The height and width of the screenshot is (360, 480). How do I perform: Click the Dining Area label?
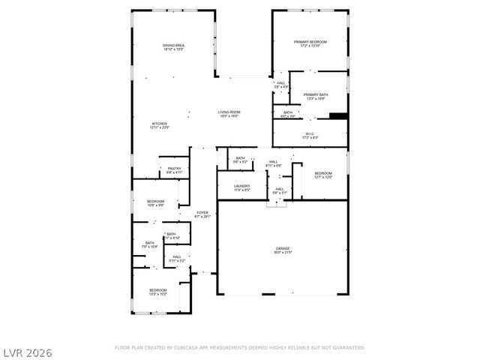tap(174, 48)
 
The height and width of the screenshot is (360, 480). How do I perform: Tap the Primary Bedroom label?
tap(310, 43)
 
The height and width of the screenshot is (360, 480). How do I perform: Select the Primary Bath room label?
tap(316, 96)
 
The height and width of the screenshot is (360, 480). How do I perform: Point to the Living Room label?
tap(229, 114)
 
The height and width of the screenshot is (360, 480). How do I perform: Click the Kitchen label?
tap(160, 126)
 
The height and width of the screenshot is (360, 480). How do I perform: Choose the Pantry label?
tap(174, 170)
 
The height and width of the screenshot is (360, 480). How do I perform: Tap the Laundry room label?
tap(241, 187)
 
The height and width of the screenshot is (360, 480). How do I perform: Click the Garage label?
tap(283, 250)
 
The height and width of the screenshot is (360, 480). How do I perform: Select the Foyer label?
tap(202, 214)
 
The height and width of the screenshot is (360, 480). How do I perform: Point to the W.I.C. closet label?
tap(310, 136)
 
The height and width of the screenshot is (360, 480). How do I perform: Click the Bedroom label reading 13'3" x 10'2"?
tap(157, 292)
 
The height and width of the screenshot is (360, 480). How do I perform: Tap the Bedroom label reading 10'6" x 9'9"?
tap(155, 203)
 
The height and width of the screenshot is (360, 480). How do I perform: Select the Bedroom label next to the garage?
tap(323, 175)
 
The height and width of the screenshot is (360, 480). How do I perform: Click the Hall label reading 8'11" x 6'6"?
tap(274, 163)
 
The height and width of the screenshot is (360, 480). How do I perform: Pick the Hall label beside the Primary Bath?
tap(281, 85)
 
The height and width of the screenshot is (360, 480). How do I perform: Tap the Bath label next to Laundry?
tap(240, 160)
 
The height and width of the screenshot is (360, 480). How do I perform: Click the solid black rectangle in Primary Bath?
tap(339, 115)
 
